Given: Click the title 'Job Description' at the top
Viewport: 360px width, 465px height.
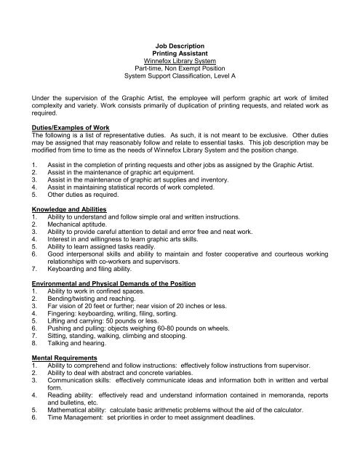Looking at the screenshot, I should (x=180, y=44).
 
